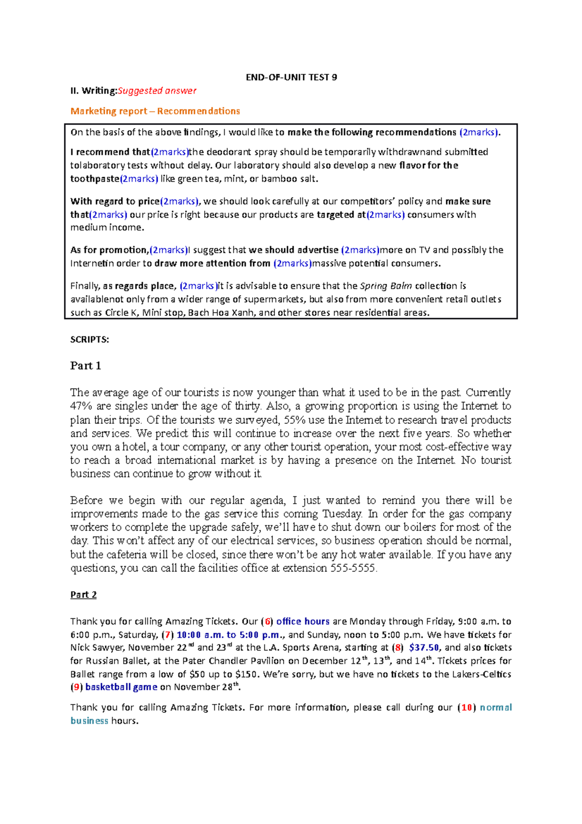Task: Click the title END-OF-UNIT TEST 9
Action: [x=291, y=78]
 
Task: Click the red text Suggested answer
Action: [x=157, y=91]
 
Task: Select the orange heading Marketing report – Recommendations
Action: [x=155, y=111]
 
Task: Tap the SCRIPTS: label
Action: [x=90, y=340]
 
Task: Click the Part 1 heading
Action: [x=85, y=366]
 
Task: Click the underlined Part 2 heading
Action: [x=83, y=595]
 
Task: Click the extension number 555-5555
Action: [x=353, y=568]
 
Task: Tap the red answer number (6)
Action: [x=267, y=622]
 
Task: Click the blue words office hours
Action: [x=303, y=622]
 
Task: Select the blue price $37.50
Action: [x=424, y=648]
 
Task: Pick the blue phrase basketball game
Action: [x=121, y=687]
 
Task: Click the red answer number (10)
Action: [x=467, y=708]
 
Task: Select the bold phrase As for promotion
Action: [x=109, y=250]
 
